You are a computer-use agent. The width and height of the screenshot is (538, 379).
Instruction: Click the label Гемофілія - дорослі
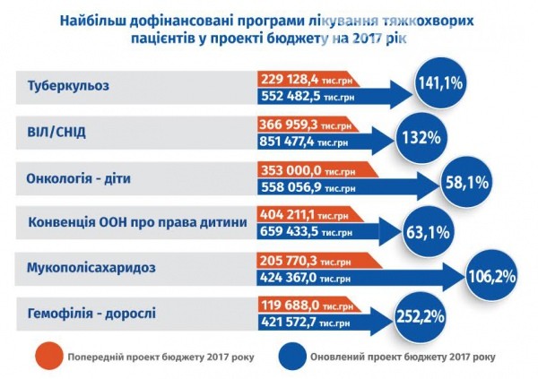[x=89, y=314]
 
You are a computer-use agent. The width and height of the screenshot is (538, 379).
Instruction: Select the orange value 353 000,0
[x=292, y=169]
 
